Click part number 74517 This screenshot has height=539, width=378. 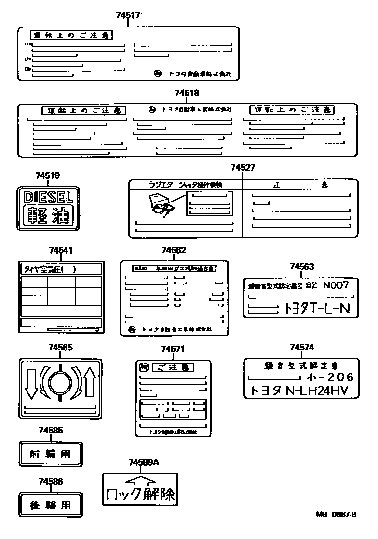pos(128,15)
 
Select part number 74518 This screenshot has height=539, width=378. pos(187,93)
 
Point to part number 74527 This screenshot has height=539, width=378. pos(243,168)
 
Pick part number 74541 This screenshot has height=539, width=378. pos(61,251)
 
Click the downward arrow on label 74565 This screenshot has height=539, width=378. pos(32,383)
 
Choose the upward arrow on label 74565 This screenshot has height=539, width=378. pos(89,382)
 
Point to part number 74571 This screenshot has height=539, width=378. pos(173,349)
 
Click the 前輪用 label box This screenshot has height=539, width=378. pos(51,454)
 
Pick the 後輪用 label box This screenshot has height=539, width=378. pos(51,505)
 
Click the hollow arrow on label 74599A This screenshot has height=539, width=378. pos(139,480)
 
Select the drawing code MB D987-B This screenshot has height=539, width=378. pos(336,514)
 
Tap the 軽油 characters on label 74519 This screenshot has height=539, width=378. pos(48,216)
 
